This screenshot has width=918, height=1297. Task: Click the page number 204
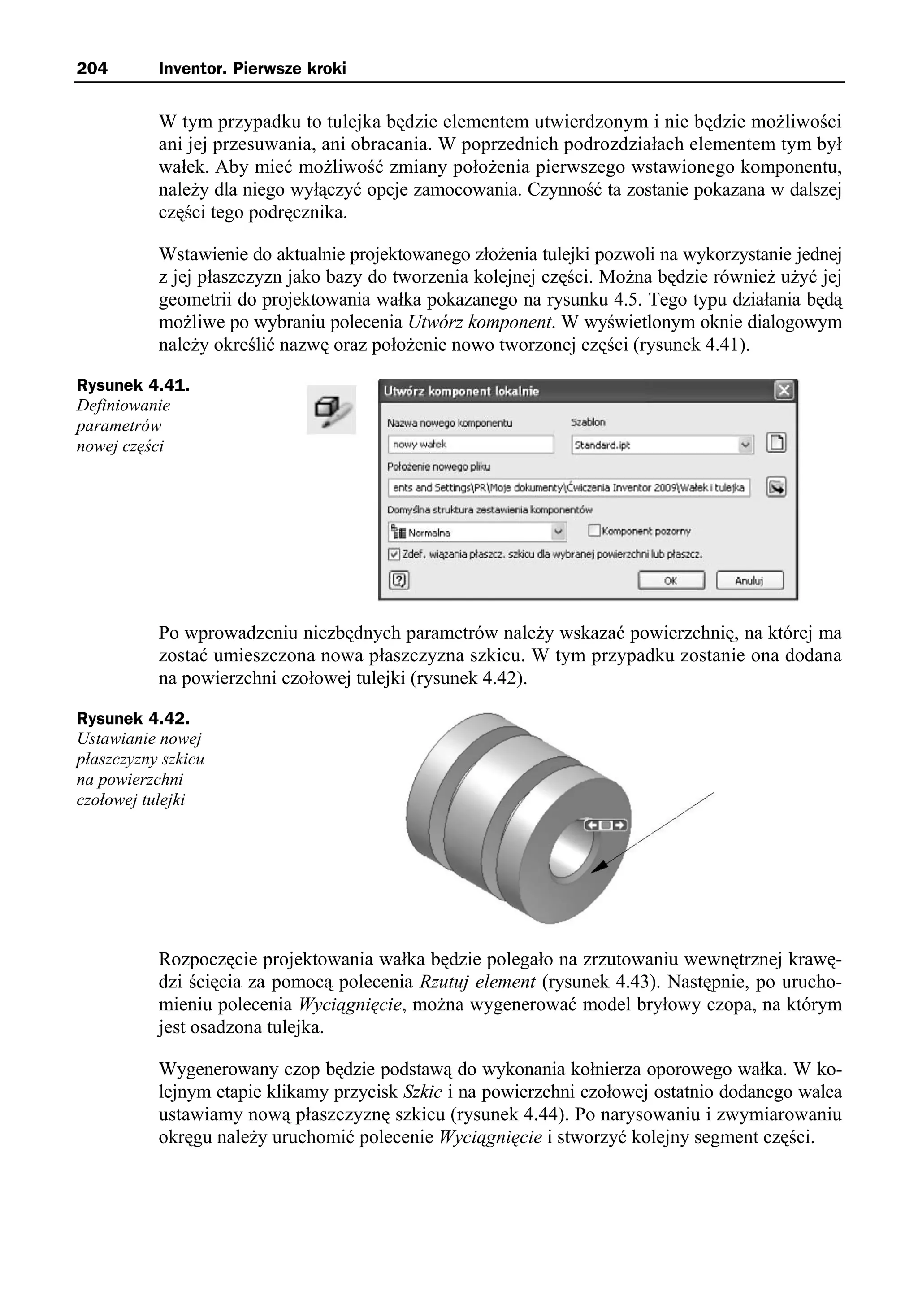(91, 69)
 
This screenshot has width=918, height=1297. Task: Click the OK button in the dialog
(671, 581)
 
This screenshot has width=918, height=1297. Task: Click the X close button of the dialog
(784, 391)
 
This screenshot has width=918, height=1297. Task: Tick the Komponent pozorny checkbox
(593, 531)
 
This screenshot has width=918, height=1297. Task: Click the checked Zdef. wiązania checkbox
(394, 555)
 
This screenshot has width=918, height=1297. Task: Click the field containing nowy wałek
(470, 445)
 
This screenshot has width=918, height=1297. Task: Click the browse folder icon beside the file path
(776, 487)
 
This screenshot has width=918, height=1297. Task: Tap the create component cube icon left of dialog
(331, 410)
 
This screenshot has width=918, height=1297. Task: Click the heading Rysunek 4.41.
(133, 386)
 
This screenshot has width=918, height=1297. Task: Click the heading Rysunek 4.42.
(133, 719)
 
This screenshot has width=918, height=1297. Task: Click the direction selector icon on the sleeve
(606, 826)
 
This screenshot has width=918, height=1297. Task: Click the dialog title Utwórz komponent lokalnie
(461, 391)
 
